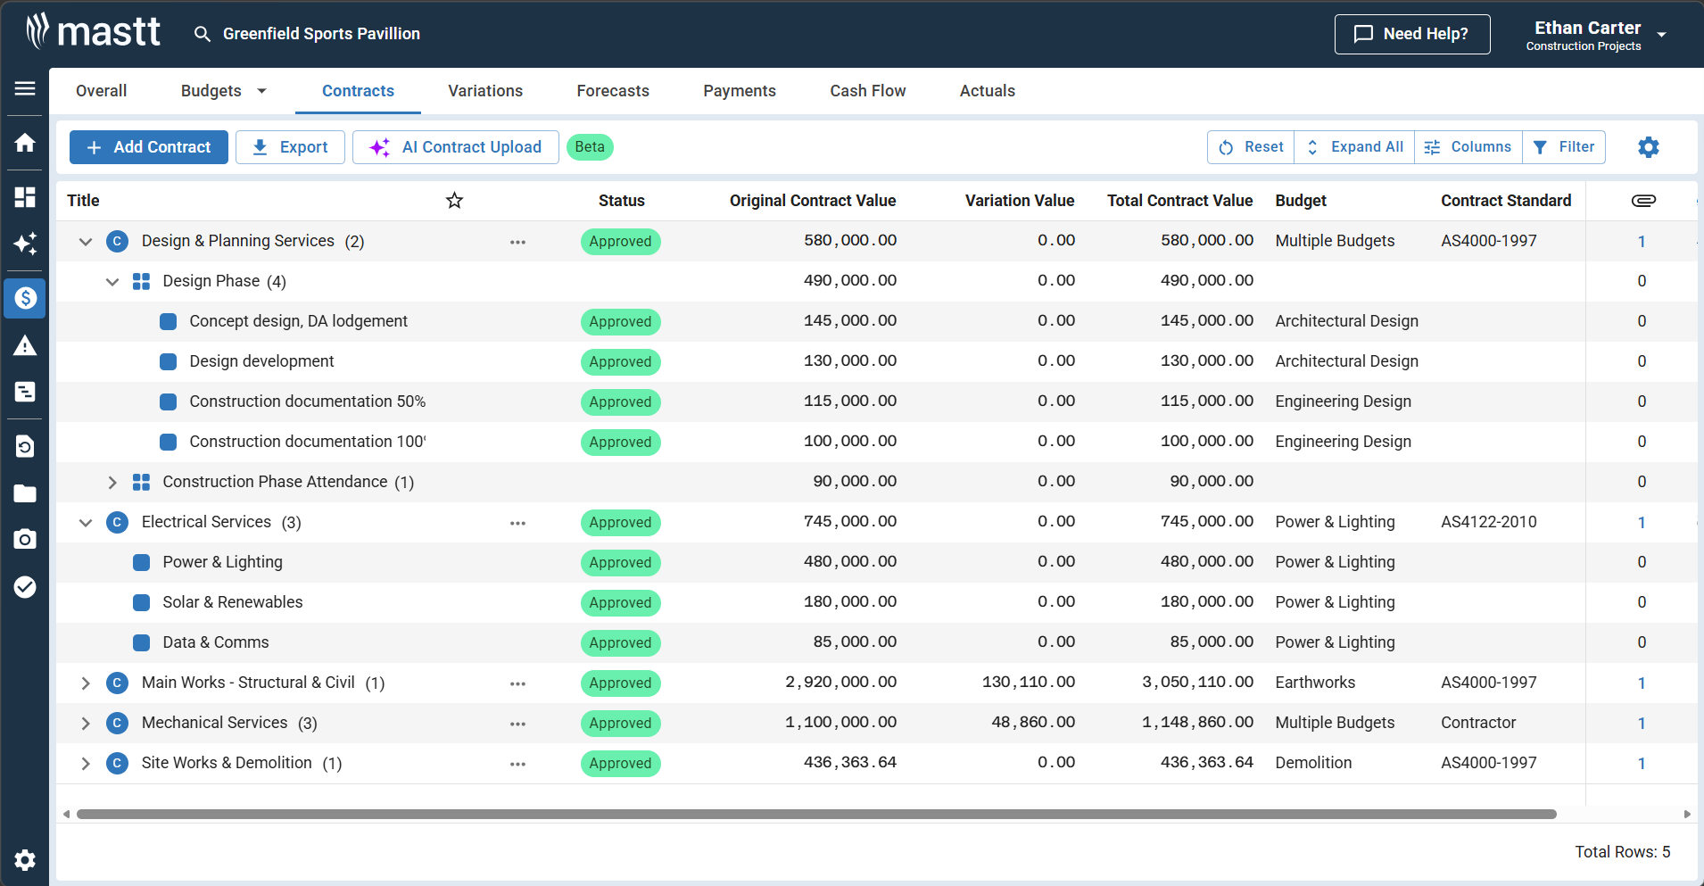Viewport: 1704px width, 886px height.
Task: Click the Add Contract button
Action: click(149, 147)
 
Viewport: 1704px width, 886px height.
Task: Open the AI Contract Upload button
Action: click(456, 147)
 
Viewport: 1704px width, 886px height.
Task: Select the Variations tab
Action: click(485, 91)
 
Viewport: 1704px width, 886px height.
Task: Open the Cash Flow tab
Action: click(867, 91)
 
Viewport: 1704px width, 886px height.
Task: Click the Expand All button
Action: click(1354, 147)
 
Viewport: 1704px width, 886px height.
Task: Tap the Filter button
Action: click(1564, 147)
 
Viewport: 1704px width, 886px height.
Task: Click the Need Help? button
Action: click(1412, 34)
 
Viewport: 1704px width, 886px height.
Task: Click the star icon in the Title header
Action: click(454, 201)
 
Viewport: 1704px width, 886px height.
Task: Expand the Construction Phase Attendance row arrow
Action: click(112, 482)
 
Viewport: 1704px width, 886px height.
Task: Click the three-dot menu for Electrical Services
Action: click(517, 523)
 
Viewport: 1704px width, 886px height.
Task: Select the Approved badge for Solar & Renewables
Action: click(620, 603)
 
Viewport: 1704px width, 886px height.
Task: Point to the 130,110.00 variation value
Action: click(1028, 683)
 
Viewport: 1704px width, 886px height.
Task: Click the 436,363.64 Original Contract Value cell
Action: click(849, 763)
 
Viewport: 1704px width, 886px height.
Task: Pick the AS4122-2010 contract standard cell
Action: click(1488, 522)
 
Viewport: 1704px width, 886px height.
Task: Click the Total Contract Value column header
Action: click(1179, 201)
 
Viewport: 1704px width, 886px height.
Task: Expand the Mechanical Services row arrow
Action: click(86, 724)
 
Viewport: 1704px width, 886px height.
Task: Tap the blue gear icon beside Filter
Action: click(1648, 147)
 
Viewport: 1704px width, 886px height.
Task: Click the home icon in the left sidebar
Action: click(25, 143)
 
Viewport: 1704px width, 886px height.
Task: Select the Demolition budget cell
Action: click(1313, 763)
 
